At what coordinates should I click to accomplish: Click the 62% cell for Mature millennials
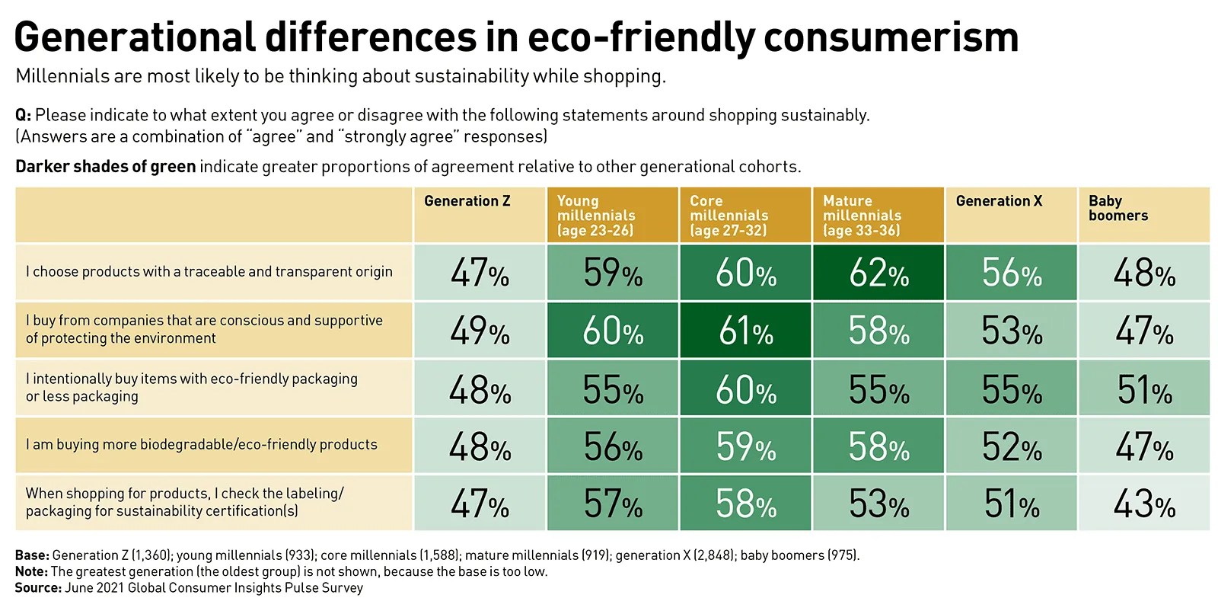tap(878, 272)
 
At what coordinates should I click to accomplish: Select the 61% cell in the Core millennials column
tap(745, 331)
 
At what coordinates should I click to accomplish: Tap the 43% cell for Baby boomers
tap(1143, 504)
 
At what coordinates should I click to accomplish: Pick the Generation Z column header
tap(467, 201)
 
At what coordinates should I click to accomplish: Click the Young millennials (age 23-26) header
tap(595, 215)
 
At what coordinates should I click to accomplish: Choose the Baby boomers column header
tap(1118, 208)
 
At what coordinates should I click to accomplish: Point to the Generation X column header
tap(999, 201)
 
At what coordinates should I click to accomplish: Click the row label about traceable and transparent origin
tap(209, 271)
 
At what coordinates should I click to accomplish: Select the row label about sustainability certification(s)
tap(184, 502)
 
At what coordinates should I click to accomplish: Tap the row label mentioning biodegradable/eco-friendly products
tap(202, 444)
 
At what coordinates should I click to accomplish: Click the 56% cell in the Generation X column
tap(1011, 272)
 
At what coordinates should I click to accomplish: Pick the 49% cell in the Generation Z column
tap(479, 331)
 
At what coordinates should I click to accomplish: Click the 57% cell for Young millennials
tap(612, 504)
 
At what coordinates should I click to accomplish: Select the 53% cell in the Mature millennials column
tap(878, 504)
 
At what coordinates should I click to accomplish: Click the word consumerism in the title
tap(890, 37)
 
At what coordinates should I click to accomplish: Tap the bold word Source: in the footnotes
tap(37, 587)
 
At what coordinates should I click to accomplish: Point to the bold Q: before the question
tap(23, 115)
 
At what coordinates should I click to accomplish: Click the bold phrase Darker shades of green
tap(105, 166)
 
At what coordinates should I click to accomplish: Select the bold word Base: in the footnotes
tap(31, 555)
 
